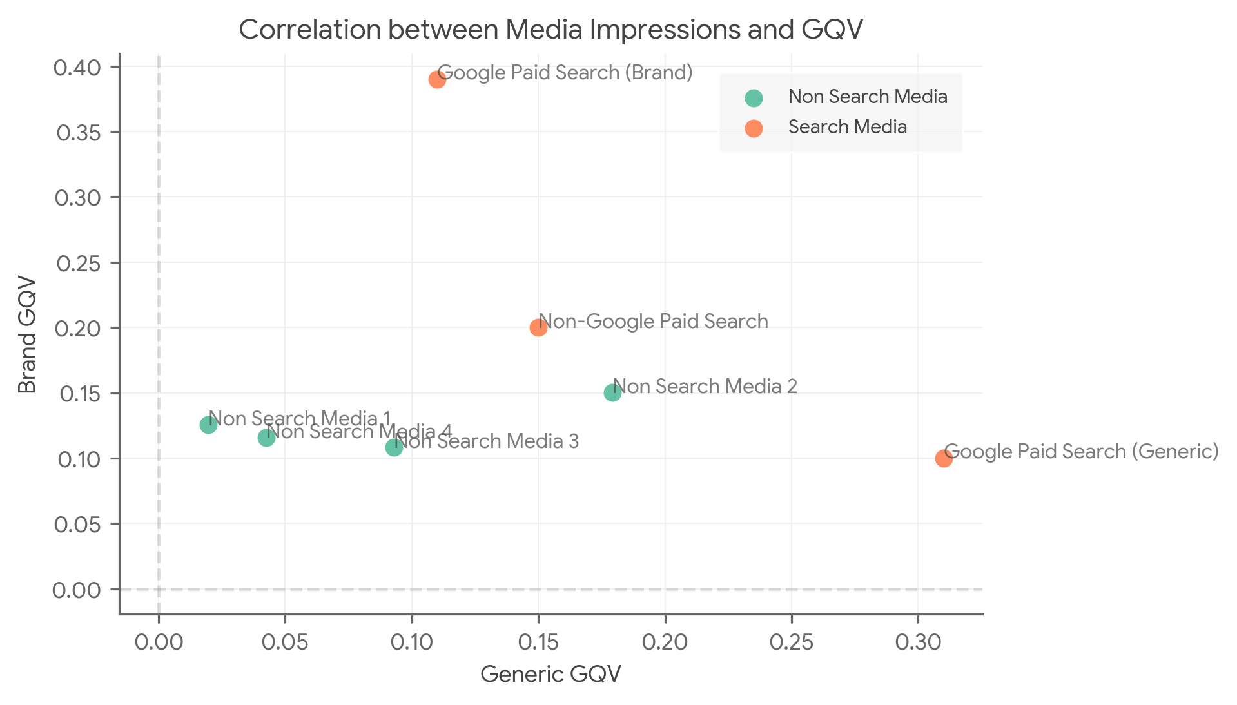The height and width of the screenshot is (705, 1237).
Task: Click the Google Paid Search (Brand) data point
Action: (437, 79)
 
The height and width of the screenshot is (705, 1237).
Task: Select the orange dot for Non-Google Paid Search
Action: (538, 327)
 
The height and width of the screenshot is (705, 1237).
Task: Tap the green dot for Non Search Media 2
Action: (612, 392)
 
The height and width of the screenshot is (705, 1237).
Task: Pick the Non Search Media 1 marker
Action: (208, 425)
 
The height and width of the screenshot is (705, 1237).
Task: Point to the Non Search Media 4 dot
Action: (266, 438)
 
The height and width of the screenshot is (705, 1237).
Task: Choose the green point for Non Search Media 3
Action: (394, 447)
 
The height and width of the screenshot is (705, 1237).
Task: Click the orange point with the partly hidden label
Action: (944, 458)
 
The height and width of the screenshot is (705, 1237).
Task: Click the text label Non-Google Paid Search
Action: (653, 321)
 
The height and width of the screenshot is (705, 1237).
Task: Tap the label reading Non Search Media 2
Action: (705, 386)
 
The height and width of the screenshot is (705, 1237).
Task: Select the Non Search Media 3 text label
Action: (487, 441)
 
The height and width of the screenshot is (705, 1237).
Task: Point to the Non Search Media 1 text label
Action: (300, 418)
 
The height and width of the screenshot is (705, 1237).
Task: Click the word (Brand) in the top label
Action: (658, 72)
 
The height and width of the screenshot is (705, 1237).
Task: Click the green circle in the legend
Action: (754, 98)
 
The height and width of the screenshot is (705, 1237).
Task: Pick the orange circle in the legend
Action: (754, 128)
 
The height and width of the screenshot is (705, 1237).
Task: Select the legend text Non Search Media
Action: (868, 97)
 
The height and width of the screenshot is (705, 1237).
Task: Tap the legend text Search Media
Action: (847, 127)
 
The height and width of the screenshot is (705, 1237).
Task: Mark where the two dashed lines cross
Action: (159, 589)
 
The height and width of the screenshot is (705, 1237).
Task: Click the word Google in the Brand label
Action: (471, 73)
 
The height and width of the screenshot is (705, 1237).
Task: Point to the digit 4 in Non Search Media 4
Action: (446, 430)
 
